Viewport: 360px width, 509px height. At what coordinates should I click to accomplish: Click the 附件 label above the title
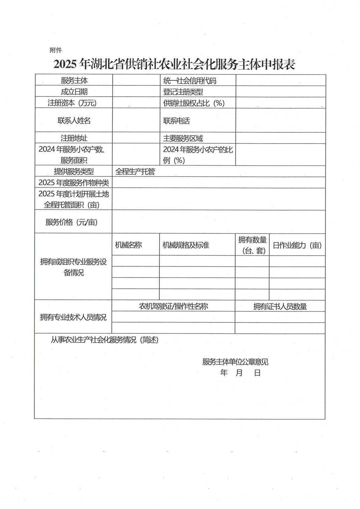click(56, 50)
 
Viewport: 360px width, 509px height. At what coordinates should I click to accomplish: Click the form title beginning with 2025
click(174, 65)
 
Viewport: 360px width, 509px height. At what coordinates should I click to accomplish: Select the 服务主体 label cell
click(74, 80)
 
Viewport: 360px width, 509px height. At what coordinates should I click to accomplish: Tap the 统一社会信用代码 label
click(189, 81)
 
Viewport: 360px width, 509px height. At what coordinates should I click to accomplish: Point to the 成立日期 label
click(74, 92)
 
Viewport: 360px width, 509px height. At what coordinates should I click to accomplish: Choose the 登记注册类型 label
click(183, 92)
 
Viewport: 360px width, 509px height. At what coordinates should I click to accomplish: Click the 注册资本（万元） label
click(72, 103)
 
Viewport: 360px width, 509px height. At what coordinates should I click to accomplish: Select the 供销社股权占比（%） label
click(194, 103)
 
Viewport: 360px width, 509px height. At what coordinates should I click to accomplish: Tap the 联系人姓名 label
click(74, 120)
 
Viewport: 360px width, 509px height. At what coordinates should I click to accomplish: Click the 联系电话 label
click(177, 121)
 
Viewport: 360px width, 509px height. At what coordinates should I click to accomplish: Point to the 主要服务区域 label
click(183, 138)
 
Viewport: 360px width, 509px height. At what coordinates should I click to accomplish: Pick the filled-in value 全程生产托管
click(135, 171)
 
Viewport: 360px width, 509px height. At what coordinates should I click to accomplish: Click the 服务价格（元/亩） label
click(72, 222)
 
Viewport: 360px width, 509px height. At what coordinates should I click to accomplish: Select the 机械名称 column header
click(128, 245)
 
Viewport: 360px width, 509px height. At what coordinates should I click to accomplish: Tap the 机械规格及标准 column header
click(186, 245)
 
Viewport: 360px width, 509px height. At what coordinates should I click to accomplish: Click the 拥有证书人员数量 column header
click(280, 307)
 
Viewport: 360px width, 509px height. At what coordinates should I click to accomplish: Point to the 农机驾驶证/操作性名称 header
click(173, 306)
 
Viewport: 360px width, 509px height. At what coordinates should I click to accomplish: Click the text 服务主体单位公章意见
click(235, 362)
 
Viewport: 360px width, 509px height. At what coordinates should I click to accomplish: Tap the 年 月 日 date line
click(240, 373)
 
